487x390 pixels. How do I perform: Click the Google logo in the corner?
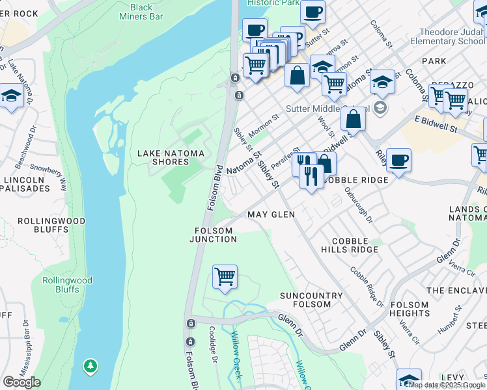coord(21,382)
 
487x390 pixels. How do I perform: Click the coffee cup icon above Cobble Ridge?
coord(398,159)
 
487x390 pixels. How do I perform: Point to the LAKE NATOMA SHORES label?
coord(171,158)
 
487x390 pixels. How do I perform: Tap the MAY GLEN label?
coord(271,214)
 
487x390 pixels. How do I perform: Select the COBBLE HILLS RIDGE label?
coord(350,244)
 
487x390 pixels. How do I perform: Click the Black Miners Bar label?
coord(141,12)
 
